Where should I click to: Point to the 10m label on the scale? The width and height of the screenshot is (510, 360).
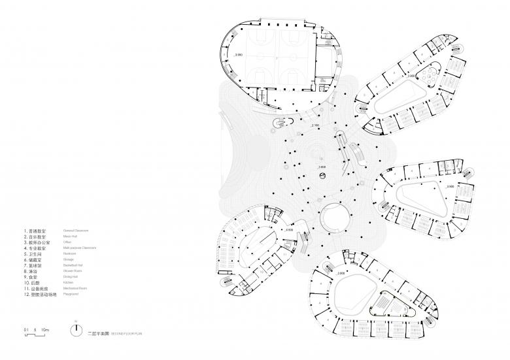[x=46, y=329]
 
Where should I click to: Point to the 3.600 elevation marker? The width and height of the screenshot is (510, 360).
[x=322, y=167]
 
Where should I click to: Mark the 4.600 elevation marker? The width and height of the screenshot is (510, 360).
[x=288, y=231]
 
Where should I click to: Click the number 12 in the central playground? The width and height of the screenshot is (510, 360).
[x=320, y=159]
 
